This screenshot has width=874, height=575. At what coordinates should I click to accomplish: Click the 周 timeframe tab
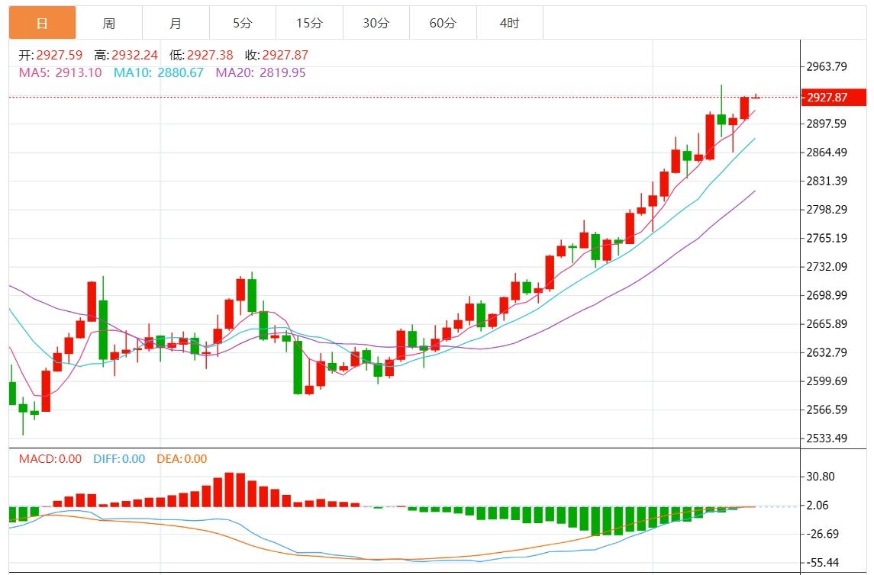[x=109, y=23]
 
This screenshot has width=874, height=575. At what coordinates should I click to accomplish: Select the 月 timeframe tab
[x=176, y=23]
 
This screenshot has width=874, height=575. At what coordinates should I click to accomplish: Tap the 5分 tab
[x=242, y=23]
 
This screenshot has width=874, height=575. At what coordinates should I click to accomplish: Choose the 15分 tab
[x=309, y=23]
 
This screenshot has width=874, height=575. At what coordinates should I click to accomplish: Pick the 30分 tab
[x=376, y=23]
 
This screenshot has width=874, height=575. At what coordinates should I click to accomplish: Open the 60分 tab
[x=443, y=23]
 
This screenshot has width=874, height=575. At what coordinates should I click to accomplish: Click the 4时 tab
[x=509, y=23]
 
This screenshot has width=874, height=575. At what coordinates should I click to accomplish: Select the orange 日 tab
[x=42, y=23]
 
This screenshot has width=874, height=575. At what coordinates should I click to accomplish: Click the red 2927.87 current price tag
[x=835, y=98]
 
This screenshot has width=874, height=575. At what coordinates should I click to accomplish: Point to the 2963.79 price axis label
[x=827, y=66]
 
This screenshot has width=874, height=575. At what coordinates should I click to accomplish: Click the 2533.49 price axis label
[x=827, y=438]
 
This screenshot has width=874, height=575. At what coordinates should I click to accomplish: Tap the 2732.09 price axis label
[x=827, y=266]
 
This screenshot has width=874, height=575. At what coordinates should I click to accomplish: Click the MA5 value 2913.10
[x=79, y=73]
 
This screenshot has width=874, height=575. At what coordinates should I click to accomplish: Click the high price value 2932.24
[x=134, y=55]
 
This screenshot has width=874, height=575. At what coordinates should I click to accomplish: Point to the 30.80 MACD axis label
[x=821, y=477]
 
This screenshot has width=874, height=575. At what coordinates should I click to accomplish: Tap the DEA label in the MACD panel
[x=169, y=459]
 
